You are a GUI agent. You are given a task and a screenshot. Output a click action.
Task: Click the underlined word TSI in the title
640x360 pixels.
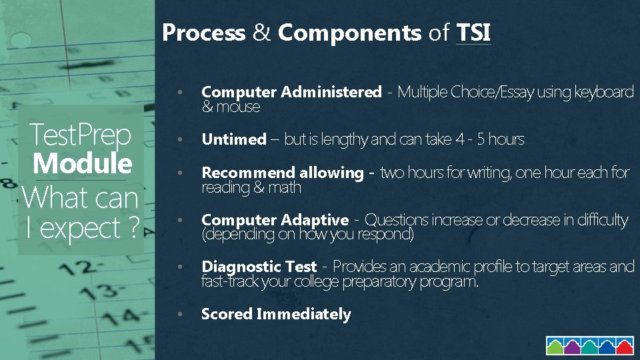[474, 32]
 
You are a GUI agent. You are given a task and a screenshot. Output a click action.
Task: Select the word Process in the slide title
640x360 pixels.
[203, 32]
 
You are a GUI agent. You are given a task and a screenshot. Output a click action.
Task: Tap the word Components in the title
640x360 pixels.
[349, 32]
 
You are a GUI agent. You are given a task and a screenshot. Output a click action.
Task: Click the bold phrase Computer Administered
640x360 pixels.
[291, 92]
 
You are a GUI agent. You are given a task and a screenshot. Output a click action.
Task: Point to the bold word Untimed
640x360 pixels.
[233, 139]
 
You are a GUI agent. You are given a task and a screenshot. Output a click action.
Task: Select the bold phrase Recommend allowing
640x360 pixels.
[282, 173]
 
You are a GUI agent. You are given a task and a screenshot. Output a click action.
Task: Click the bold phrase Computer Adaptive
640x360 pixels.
[275, 220]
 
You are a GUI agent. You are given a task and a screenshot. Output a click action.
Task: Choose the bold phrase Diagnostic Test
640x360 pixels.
[259, 267]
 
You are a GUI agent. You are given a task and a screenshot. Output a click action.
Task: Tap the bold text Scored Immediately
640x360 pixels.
[275, 314]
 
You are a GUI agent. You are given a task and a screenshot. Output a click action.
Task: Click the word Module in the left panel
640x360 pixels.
[82, 163]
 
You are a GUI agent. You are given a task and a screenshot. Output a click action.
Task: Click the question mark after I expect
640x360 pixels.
[132, 228]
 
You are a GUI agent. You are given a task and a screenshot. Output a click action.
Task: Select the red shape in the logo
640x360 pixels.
[624, 346]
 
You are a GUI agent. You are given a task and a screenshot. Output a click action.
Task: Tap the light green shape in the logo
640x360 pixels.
[556, 346]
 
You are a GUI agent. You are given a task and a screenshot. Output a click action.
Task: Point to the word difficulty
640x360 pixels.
[603, 220]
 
